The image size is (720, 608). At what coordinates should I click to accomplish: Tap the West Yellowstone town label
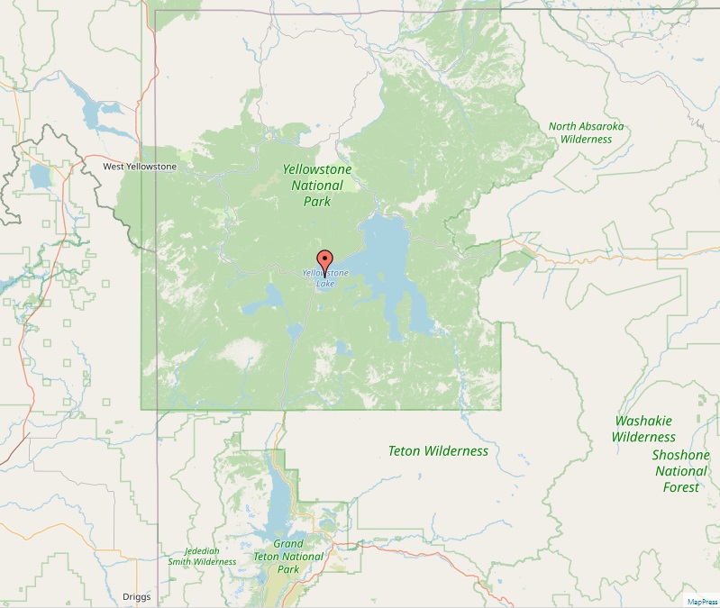tap(140, 167)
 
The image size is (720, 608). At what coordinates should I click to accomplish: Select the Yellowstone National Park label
tap(317, 186)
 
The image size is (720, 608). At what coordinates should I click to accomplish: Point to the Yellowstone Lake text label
tap(324, 278)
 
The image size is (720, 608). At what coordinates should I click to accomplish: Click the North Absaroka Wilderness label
tap(586, 132)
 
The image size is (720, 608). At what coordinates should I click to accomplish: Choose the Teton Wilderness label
tap(437, 450)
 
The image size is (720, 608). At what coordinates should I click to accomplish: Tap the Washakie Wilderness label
tap(643, 429)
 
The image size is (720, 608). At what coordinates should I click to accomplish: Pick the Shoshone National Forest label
tap(680, 471)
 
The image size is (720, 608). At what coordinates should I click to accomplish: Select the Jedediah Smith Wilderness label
tap(202, 556)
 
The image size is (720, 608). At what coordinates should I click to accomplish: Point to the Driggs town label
tap(137, 597)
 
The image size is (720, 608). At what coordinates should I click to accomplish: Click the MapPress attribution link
tap(700, 602)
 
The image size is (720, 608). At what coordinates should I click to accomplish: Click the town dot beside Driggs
tap(115, 597)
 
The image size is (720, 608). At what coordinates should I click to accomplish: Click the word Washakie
tap(643, 421)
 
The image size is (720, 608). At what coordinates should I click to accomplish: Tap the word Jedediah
tap(202, 550)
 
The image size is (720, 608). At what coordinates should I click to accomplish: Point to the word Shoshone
tap(680, 455)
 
